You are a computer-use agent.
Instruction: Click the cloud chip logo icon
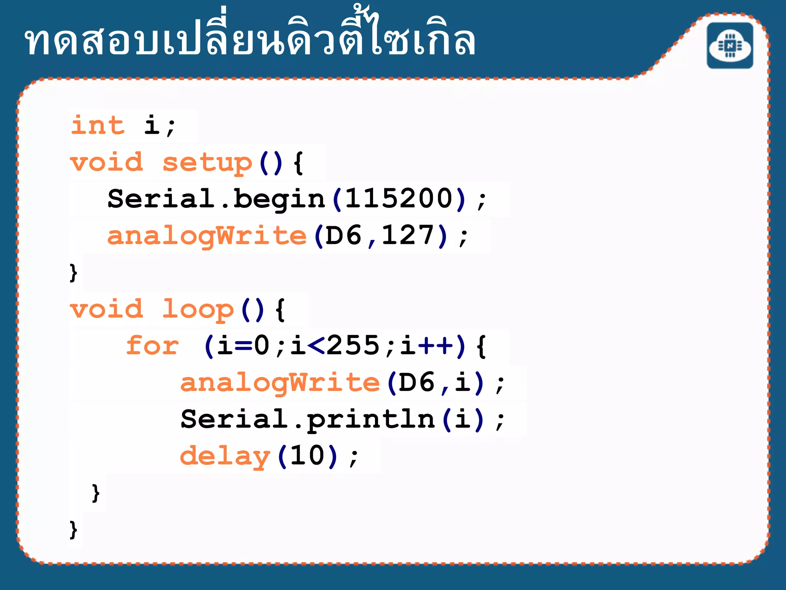(730, 46)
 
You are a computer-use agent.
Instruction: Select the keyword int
(98, 125)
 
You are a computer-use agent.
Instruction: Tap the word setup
(207, 162)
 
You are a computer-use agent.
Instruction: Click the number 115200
(399, 199)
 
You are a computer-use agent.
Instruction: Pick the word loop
(198, 309)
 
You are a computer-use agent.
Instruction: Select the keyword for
(152, 346)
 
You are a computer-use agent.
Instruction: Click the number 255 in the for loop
(353, 346)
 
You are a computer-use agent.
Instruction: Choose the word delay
(225, 456)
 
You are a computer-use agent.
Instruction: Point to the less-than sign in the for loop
(316, 346)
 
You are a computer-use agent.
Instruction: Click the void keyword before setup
(107, 162)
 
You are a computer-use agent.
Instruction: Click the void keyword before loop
(107, 309)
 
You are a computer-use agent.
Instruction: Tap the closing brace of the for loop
(96, 493)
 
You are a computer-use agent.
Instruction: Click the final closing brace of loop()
(73, 530)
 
